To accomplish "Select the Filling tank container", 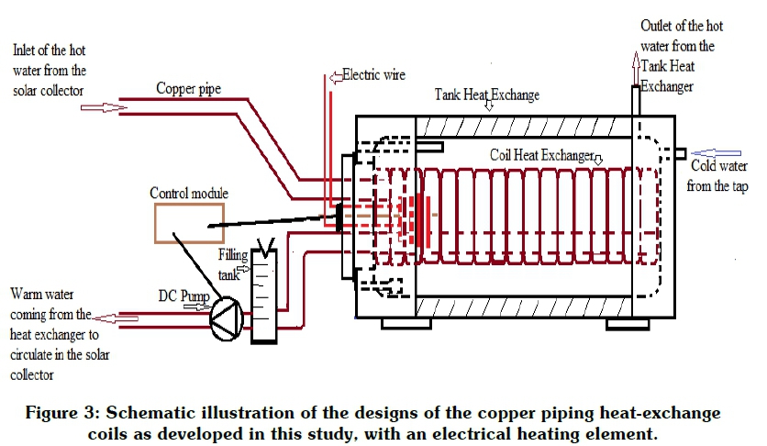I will click(263, 293).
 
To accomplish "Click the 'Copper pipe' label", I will click(188, 89).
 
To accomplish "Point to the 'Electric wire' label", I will click(373, 73).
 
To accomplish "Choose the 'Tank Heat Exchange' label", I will click(486, 95).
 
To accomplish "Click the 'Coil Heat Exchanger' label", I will click(540, 155).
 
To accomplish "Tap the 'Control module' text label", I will click(187, 193).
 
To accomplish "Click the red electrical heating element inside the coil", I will click(423, 216).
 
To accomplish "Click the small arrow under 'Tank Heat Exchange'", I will click(489, 107).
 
